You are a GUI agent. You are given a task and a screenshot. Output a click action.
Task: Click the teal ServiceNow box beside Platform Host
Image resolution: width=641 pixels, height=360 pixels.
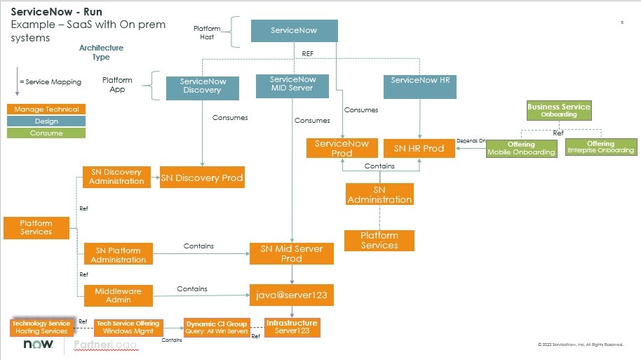[294, 31]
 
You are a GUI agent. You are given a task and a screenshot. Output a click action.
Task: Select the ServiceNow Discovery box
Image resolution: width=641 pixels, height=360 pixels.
[202, 86]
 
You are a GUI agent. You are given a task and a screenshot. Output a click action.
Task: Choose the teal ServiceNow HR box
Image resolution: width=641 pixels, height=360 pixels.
[420, 81]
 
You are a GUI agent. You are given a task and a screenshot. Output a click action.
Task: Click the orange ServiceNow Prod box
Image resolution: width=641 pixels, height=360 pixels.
[342, 148]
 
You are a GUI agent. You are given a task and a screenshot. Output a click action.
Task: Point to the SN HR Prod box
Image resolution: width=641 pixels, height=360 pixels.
[419, 148]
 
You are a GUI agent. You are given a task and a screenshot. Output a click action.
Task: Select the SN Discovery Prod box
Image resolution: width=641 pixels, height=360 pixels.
[202, 178]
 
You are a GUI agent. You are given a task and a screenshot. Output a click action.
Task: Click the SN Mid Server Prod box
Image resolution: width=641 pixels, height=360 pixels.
[291, 253]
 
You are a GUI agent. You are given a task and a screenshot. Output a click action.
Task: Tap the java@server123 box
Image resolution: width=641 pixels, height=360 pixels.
[291, 295]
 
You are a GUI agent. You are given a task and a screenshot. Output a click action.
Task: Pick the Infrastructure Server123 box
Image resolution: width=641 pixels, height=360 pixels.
[292, 327]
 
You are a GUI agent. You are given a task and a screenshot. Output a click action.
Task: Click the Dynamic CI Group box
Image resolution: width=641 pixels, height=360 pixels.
[217, 327]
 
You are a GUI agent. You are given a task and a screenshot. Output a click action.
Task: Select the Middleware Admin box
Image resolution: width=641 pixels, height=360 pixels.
[117, 295]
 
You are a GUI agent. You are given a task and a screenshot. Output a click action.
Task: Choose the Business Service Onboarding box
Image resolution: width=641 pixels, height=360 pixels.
[558, 110]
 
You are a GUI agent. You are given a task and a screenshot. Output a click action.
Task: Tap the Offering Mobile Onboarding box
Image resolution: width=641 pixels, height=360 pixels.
[521, 147]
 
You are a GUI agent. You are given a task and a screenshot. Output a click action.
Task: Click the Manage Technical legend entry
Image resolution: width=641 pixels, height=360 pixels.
[46, 109]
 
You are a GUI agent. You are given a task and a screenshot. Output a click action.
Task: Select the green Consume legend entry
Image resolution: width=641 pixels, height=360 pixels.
[46, 133]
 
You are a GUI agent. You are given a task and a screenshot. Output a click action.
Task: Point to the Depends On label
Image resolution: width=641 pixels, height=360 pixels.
[471, 141]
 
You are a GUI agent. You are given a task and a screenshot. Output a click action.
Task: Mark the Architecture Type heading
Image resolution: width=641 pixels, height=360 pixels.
[101, 53]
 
